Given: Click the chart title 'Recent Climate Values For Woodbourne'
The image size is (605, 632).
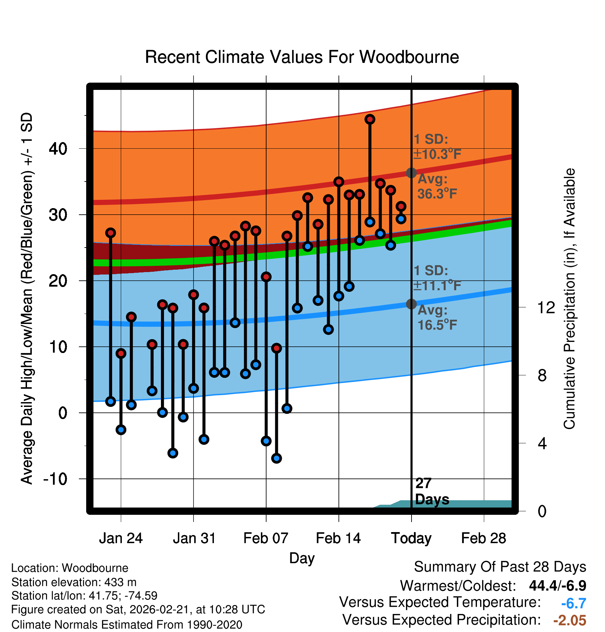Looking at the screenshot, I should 302,57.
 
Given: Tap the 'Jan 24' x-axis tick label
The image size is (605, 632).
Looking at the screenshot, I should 121,538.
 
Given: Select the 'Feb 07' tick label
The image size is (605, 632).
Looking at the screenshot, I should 266,538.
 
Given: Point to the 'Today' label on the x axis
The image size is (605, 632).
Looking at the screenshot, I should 411,538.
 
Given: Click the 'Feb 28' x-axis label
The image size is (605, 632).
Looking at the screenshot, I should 484,538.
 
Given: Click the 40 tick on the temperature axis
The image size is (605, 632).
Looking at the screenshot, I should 58,149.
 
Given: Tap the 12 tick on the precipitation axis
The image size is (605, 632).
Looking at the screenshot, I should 546,307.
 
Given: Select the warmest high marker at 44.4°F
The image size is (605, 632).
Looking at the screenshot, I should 370,119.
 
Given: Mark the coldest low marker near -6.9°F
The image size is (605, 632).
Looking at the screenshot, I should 276,458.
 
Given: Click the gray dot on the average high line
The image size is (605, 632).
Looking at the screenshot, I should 411,173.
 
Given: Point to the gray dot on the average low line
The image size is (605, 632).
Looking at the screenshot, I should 411,304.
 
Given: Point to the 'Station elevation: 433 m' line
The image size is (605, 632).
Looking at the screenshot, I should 74,582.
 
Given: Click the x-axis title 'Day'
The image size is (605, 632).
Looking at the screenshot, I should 302,558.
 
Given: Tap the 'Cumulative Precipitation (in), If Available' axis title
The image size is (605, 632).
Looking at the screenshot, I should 569,299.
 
